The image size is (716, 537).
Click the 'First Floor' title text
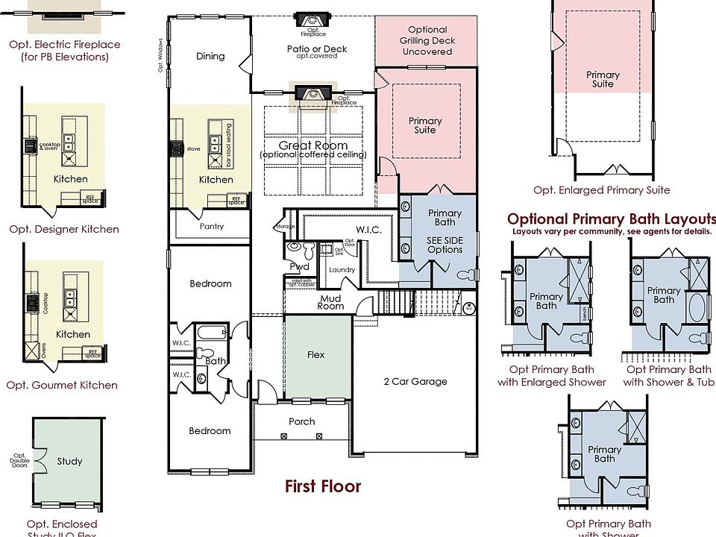(x=323, y=487)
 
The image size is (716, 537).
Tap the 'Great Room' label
(x=313, y=145)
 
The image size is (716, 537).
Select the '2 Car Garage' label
(x=415, y=382)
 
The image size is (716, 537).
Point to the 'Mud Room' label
(x=330, y=302)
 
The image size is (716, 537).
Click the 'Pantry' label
(x=212, y=226)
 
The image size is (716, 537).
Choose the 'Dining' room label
(x=210, y=56)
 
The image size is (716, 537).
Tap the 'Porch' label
(x=302, y=421)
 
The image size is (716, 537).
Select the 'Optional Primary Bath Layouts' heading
(x=609, y=219)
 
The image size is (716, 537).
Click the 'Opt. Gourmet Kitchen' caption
(x=62, y=386)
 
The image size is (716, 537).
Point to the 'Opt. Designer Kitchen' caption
(x=63, y=230)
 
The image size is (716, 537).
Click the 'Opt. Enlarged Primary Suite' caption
(x=601, y=190)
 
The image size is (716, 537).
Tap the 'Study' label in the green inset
(x=70, y=461)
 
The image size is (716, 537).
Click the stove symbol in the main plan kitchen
(x=177, y=149)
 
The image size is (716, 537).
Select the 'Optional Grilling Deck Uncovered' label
(x=427, y=41)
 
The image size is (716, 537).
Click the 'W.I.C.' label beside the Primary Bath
(x=368, y=230)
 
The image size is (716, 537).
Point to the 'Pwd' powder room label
(x=300, y=266)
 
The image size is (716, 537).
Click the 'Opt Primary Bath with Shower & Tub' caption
(x=668, y=376)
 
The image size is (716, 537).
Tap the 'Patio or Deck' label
(x=312, y=49)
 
